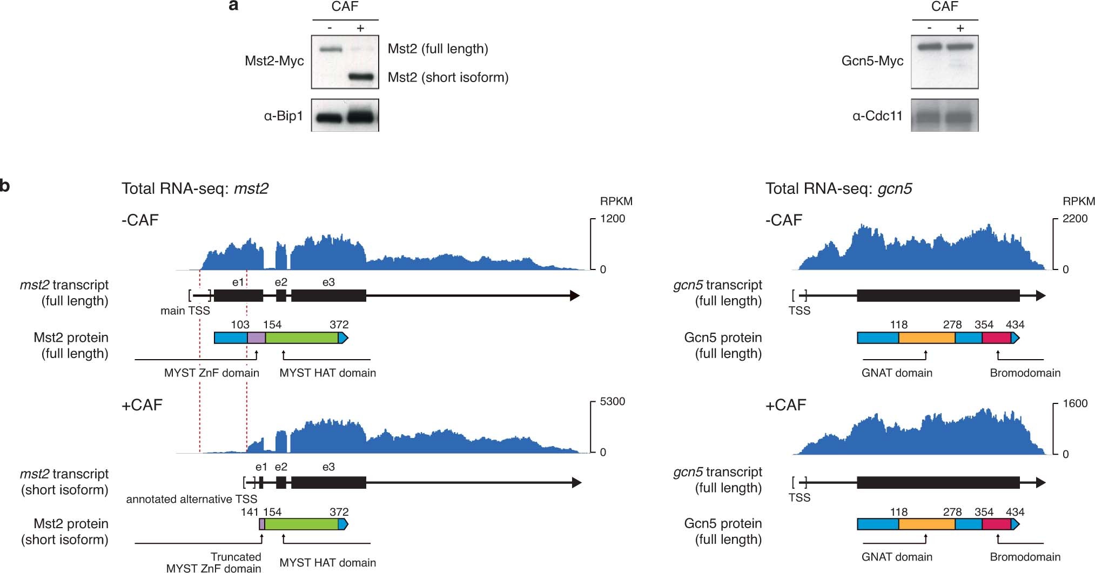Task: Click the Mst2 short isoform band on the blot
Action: tap(361, 77)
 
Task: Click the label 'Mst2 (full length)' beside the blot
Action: tap(438, 49)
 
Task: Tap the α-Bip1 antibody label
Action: tap(283, 116)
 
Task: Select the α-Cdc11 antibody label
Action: tap(877, 116)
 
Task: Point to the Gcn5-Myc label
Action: tap(872, 61)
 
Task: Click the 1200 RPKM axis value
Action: tap(613, 219)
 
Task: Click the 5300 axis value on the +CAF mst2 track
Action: tap(613, 402)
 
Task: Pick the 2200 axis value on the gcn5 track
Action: tap(1075, 219)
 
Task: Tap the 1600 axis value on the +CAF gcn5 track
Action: tap(1075, 404)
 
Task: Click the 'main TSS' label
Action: tap(185, 311)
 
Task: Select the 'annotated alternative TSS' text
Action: tap(192, 499)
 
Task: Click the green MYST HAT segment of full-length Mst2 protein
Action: tap(301, 338)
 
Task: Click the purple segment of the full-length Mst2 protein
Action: tap(256, 338)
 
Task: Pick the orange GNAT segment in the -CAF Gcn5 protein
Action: tap(926, 338)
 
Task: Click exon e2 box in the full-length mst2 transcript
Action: tap(281, 295)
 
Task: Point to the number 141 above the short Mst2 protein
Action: tap(250, 512)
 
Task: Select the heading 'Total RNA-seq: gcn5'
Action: tap(838, 188)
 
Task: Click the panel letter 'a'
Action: tap(233, 6)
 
